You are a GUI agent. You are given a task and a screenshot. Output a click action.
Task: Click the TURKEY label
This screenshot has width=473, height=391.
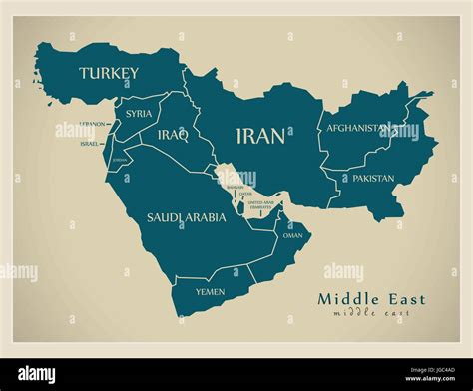click(109, 73)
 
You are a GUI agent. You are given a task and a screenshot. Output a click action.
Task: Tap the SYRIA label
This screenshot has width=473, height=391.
click(139, 114)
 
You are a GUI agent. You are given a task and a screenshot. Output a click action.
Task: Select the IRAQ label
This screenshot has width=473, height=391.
click(172, 135)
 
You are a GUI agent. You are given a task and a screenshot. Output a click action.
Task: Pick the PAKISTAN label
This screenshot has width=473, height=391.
click(373, 179)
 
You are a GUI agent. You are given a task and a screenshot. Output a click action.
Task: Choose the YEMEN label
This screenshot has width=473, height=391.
click(210, 291)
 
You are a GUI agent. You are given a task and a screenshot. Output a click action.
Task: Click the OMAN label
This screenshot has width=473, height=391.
click(292, 235)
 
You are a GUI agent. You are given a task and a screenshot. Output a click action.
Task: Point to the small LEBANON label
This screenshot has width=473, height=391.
click(93, 124)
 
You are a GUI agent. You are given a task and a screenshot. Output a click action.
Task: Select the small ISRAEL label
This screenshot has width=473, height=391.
click(90, 144)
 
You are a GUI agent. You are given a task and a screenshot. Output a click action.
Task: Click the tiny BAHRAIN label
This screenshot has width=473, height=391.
click(235, 187)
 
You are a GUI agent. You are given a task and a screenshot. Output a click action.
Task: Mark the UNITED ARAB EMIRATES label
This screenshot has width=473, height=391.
click(260, 204)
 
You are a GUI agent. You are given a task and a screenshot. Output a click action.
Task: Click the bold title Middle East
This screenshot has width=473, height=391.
click(371, 298)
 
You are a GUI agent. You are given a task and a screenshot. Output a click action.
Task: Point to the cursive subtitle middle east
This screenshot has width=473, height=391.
click(371, 313)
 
